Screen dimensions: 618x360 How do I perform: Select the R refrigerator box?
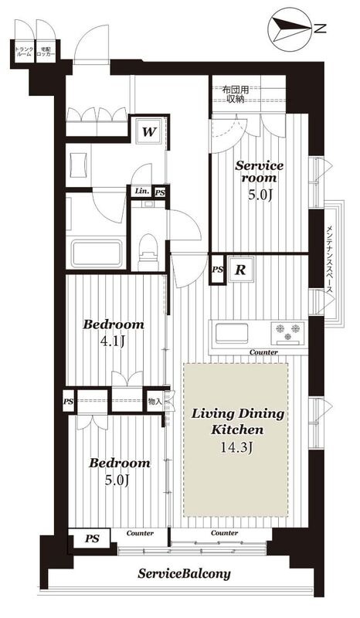[240, 270]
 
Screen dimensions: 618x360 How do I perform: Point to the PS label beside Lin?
[159, 192]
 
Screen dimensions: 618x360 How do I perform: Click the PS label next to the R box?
[217, 270]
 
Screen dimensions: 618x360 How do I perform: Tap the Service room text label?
[260, 171]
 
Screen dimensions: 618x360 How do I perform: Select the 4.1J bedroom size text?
[114, 340]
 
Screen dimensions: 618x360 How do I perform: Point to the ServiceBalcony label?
[183, 574]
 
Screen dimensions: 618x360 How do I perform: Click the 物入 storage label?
[155, 402]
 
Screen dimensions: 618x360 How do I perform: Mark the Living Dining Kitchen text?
[238, 422]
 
